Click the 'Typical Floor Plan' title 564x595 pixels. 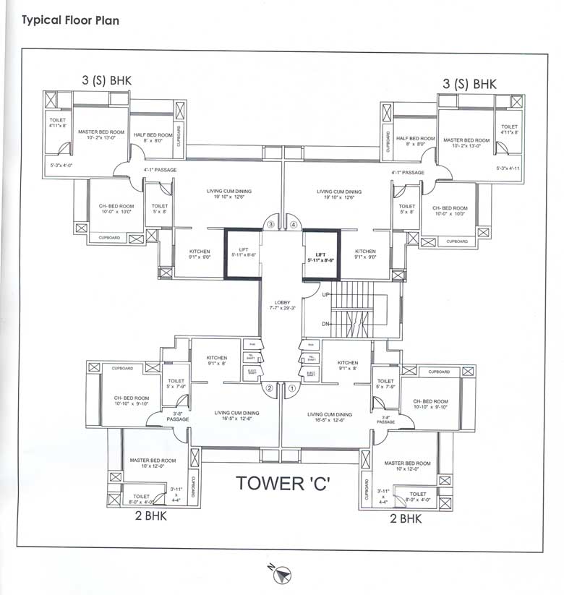click(x=70, y=20)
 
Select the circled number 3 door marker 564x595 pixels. click(x=271, y=225)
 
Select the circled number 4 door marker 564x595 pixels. click(x=294, y=225)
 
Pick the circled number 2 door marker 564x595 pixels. click(x=270, y=388)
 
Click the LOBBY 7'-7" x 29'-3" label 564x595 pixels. click(x=282, y=306)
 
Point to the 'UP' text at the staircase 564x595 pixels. click(x=325, y=296)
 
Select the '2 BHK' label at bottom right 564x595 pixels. click(x=406, y=518)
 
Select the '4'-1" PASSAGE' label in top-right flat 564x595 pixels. click(x=408, y=173)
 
